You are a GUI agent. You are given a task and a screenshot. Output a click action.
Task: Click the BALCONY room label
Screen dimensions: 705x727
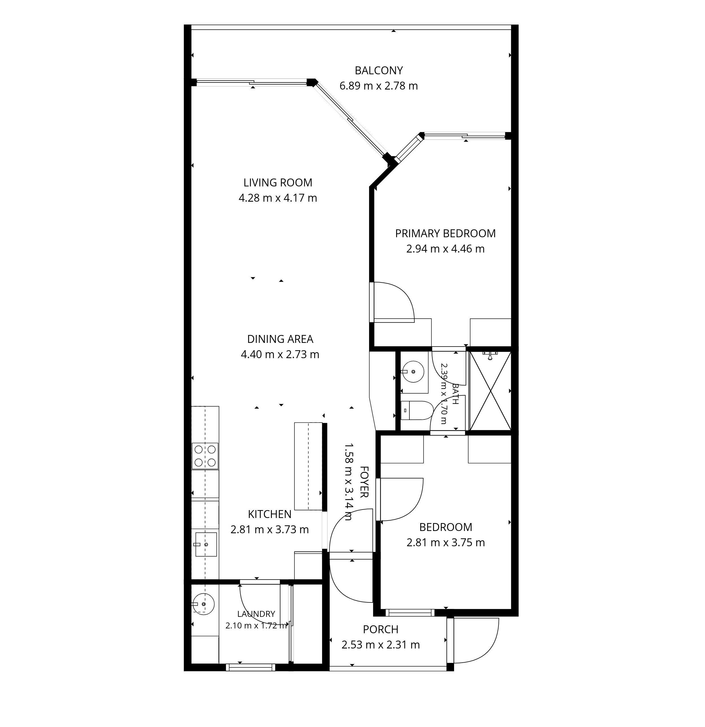378,71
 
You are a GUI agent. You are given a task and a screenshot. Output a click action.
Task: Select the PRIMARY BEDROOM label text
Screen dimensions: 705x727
445,233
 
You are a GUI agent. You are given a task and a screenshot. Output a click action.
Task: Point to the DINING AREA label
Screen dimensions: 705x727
280,339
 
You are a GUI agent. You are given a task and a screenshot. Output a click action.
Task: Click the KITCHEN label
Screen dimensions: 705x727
270,514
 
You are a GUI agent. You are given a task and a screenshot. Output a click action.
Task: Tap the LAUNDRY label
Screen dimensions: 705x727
256,614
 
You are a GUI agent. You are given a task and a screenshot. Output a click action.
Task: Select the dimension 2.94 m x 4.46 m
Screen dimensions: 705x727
445,249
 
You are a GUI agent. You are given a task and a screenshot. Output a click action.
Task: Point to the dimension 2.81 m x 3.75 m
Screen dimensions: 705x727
446,543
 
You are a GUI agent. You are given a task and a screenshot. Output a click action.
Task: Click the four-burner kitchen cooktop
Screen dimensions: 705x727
205,456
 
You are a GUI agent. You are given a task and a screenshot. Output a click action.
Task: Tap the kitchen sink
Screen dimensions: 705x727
206,544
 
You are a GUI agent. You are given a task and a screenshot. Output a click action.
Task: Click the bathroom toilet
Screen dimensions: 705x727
417,410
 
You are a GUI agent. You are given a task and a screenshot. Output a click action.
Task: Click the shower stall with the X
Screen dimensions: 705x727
490,391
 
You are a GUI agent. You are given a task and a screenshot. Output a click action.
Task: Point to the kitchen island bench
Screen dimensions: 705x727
308,466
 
